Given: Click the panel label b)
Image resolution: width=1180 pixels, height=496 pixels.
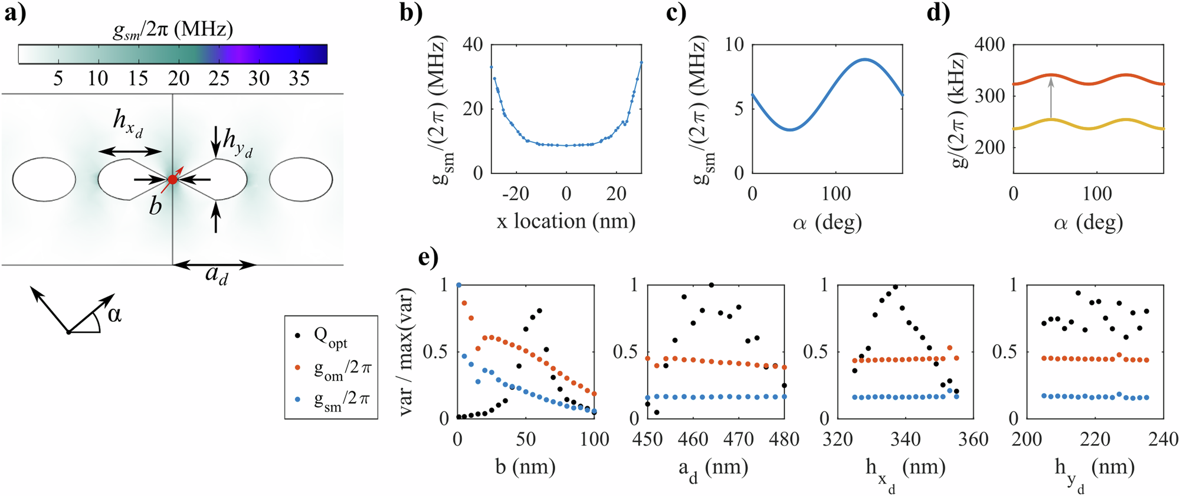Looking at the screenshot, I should [x=411, y=12].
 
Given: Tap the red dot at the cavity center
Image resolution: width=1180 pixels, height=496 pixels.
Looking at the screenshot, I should [x=172, y=180].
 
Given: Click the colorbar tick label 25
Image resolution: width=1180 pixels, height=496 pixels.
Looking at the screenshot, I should [x=218, y=79].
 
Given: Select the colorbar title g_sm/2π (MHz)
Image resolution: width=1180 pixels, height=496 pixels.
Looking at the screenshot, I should [x=173, y=30].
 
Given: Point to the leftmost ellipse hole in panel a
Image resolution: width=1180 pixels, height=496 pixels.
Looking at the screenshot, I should [x=44, y=180].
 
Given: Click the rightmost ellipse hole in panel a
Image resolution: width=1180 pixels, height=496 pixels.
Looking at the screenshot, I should [x=301, y=180].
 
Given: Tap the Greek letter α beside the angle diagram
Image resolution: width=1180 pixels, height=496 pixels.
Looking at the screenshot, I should [x=114, y=315].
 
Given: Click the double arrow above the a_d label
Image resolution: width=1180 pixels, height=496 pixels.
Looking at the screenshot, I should [x=214, y=265].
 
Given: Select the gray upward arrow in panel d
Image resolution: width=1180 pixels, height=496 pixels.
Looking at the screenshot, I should [x=1051, y=99].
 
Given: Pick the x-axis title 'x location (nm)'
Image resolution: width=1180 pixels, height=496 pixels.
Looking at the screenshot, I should [x=565, y=221].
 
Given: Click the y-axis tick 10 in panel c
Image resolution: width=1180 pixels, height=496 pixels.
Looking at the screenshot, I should [x=734, y=45].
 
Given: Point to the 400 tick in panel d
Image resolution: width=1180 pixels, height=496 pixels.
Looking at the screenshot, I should [x=989, y=45].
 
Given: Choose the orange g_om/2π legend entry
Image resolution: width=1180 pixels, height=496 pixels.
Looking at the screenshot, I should [x=342, y=370].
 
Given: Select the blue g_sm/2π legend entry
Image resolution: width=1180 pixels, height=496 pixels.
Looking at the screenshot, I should [x=342, y=402].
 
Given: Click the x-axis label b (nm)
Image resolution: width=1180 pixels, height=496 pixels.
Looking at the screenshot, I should [x=525, y=467].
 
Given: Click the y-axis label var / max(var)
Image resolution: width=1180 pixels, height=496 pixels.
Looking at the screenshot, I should [x=407, y=352].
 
